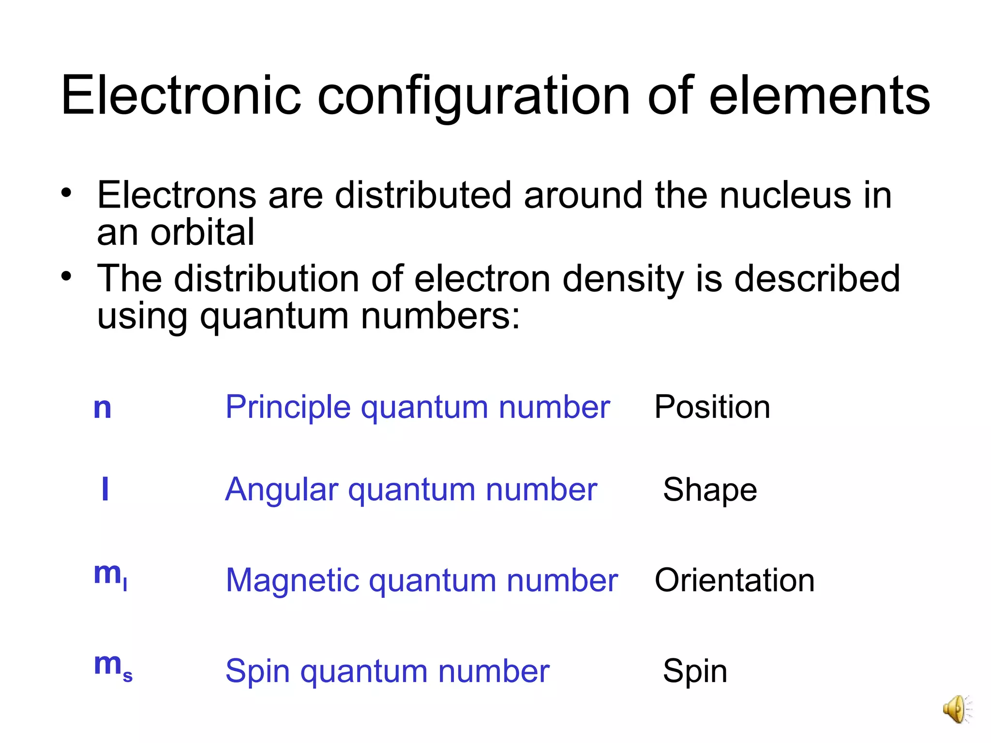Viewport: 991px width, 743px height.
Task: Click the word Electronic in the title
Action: [181, 95]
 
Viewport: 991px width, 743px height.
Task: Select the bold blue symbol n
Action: [102, 408]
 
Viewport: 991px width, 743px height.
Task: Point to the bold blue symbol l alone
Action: [105, 489]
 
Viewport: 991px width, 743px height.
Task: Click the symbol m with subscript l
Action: [110, 575]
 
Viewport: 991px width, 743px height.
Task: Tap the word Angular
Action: [282, 490]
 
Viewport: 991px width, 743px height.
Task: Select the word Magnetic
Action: [292, 580]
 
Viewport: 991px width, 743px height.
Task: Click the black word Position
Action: [712, 407]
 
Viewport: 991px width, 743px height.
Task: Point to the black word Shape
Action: [710, 490]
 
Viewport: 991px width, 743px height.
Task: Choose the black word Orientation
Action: [735, 580]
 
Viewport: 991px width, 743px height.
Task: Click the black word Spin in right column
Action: [695, 671]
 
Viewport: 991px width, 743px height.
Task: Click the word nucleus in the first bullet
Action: [785, 195]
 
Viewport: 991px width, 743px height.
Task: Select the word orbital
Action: [202, 232]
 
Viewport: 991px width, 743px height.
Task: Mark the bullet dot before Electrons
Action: [66, 193]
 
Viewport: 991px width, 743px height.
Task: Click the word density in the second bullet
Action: [623, 279]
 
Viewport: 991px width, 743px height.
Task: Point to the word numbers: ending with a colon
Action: [440, 316]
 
